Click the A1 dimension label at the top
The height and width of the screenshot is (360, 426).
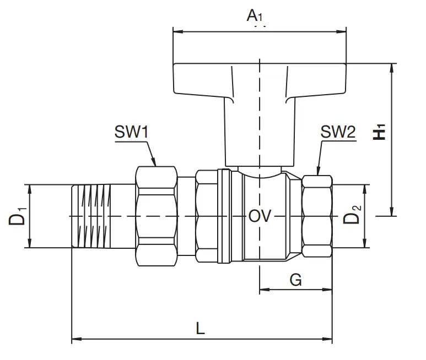pyautogui.click(x=255, y=15)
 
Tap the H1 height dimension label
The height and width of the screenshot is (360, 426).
pyautogui.click(x=379, y=132)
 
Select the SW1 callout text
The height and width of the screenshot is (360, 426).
pyautogui.click(x=132, y=132)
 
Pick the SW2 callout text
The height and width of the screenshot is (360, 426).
pyautogui.click(x=338, y=132)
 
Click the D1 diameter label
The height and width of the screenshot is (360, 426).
pyautogui.click(x=18, y=216)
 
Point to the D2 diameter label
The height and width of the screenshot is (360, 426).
pyautogui.click(x=352, y=215)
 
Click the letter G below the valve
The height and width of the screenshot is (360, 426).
pyautogui.click(x=295, y=280)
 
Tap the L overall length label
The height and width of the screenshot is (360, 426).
pyautogui.click(x=200, y=328)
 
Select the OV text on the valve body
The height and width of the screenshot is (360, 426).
pyautogui.click(x=260, y=216)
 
